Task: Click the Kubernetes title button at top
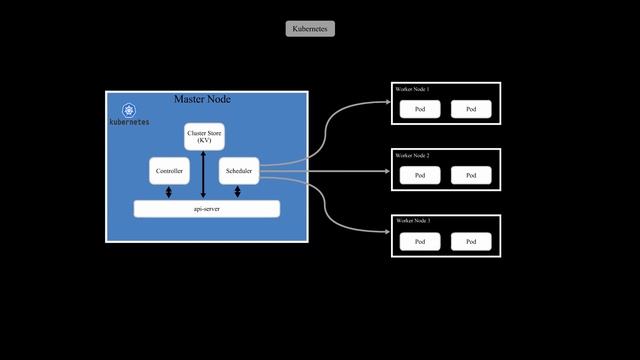pos(310,29)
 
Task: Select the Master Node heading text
pos(203,99)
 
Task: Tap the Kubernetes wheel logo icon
pos(129,109)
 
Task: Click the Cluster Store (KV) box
pos(204,137)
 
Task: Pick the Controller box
pos(169,171)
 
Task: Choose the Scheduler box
pos(238,171)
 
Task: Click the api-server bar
pos(206,208)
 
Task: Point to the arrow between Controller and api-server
pos(169,193)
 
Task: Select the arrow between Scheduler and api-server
pos(238,193)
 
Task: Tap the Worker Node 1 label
pos(412,90)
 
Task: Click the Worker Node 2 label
pos(412,156)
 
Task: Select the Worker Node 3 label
pos(412,220)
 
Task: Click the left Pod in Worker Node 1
pos(420,109)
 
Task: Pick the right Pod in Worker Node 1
pos(471,109)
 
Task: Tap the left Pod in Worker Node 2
pos(420,175)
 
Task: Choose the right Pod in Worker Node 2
pos(471,175)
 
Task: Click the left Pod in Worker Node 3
pos(420,241)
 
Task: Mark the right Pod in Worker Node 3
pos(471,241)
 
